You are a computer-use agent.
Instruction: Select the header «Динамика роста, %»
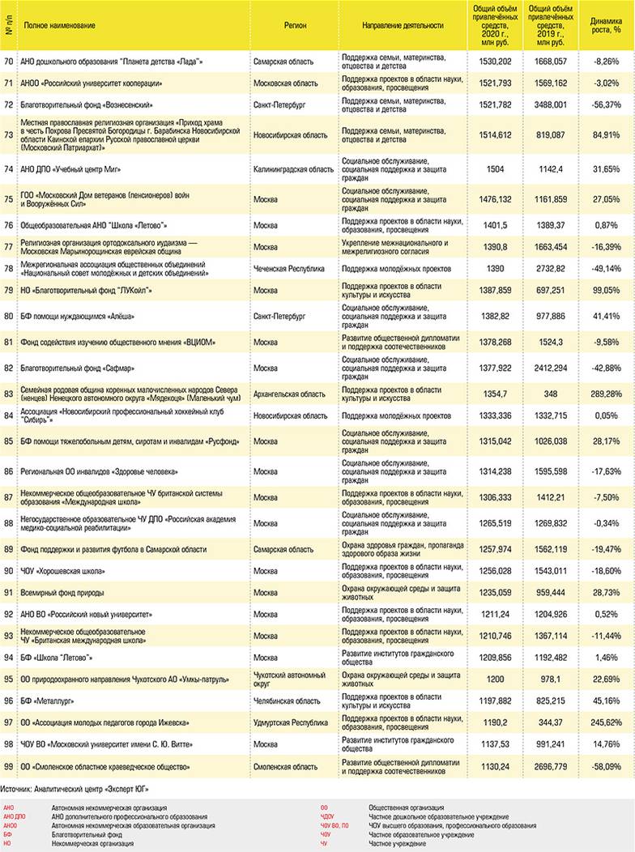[x=606, y=25]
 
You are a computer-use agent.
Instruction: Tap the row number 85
[x=8, y=441]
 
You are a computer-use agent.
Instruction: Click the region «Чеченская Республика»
[x=289, y=268]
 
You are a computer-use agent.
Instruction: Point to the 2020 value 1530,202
[x=494, y=62]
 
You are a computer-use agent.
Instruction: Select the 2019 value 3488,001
[x=548, y=104]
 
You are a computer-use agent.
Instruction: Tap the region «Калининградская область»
[x=293, y=169]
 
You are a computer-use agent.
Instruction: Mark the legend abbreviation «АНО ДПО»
[x=15, y=816]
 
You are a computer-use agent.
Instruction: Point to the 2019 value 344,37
[x=549, y=722]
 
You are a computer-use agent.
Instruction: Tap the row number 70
[x=8, y=62]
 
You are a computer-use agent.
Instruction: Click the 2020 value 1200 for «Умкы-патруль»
[x=494, y=679]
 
